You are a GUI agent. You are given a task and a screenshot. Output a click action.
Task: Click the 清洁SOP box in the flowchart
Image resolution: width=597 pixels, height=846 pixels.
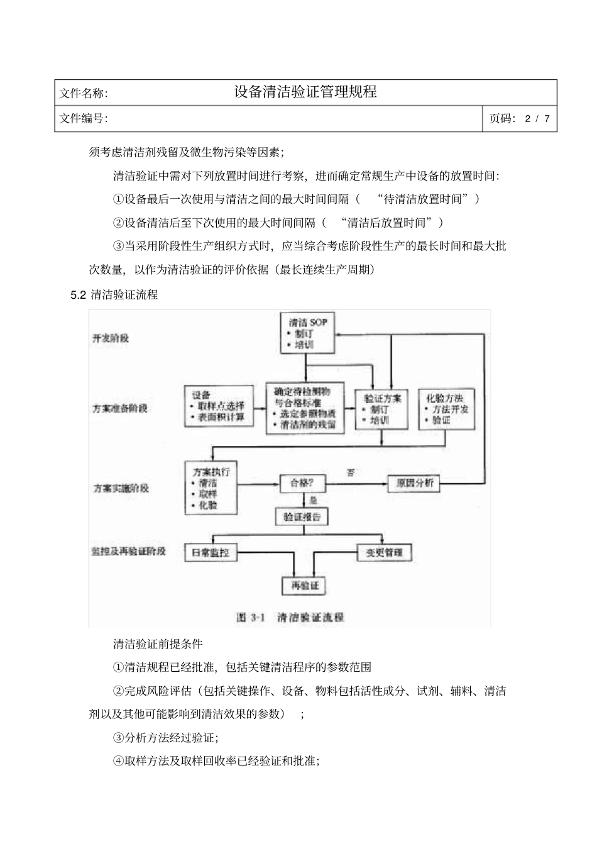(x=305, y=334)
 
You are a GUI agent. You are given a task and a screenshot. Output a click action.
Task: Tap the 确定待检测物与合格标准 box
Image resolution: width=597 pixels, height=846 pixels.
(x=306, y=406)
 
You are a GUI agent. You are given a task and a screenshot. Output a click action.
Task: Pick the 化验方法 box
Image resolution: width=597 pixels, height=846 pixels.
(x=446, y=409)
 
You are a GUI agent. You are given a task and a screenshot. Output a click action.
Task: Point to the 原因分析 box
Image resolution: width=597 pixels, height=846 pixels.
(x=413, y=483)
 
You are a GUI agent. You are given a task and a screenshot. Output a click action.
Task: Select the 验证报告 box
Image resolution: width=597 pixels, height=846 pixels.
(x=302, y=516)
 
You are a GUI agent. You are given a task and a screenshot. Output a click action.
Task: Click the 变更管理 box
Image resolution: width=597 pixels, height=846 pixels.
(x=384, y=553)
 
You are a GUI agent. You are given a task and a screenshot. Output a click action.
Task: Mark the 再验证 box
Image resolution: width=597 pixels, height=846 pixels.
(x=305, y=586)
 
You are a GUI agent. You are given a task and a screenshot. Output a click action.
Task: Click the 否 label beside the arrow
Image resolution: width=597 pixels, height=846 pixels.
(x=351, y=472)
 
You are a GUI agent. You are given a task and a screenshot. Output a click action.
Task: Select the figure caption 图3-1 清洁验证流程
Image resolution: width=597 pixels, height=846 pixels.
(x=290, y=617)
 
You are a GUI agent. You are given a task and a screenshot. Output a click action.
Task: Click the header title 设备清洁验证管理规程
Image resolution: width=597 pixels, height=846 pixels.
(x=305, y=92)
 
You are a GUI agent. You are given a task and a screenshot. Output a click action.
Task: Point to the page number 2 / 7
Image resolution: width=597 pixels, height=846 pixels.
(x=538, y=118)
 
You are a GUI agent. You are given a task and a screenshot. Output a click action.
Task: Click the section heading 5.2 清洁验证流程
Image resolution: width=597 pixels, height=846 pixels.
(x=114, y=294)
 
